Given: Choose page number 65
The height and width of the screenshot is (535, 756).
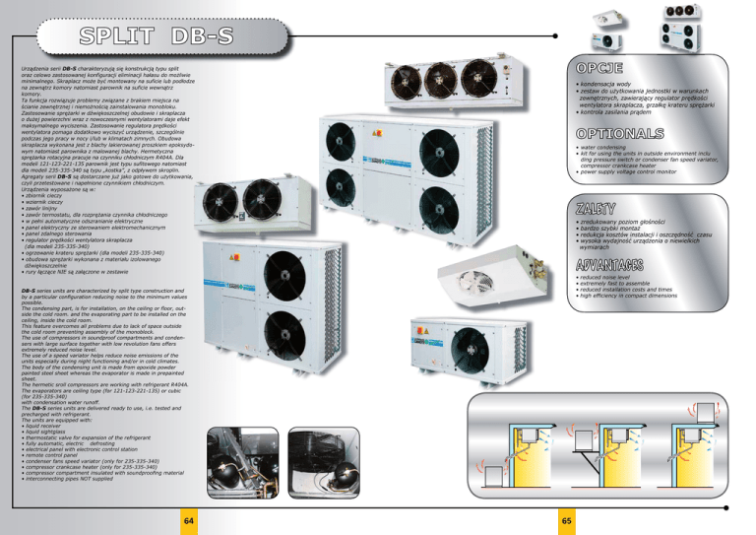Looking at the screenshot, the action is pos(564,518).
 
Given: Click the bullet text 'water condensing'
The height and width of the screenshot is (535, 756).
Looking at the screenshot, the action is pos(605,149).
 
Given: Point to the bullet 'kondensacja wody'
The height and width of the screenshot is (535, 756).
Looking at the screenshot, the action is pos(610,86).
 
